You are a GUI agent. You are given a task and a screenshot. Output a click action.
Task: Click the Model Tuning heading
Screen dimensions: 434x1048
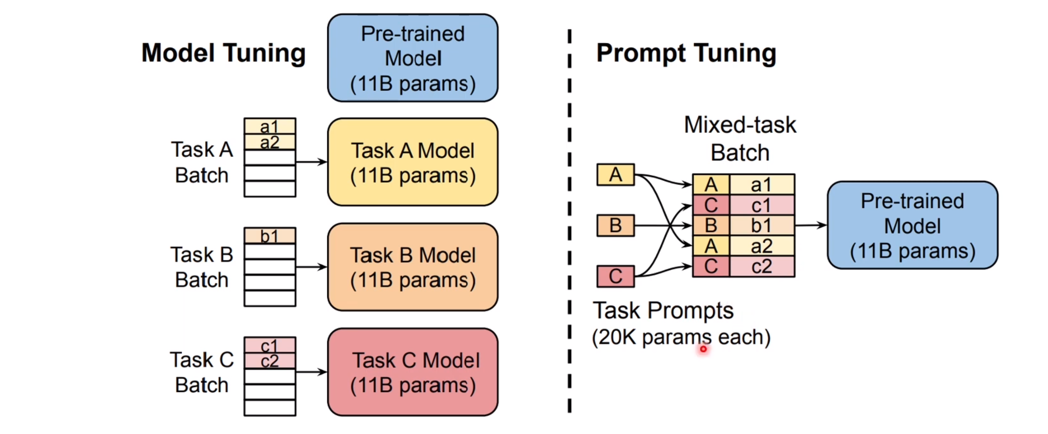coord(223,53)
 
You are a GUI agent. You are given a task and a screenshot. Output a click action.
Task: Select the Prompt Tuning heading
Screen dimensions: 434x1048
coord(686,53)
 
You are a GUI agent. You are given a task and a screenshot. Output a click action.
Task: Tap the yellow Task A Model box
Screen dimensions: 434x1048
coord(413,162)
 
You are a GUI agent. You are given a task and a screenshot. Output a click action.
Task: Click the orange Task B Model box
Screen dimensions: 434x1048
coord(413,267)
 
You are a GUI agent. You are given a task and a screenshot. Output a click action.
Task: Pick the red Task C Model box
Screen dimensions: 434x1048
coord(413,372)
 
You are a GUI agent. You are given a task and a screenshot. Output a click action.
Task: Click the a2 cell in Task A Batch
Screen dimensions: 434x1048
coord(270,142)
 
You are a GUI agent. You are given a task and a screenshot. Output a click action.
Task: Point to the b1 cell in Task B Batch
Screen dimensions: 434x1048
coord(270,236)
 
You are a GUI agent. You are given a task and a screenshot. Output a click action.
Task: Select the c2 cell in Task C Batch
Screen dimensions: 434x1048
coord(270,361)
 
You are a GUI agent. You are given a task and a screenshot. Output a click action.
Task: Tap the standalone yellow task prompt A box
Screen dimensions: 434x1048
coord(615,175)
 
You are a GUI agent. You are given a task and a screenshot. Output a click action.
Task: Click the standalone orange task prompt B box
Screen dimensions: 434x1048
coord(615,225)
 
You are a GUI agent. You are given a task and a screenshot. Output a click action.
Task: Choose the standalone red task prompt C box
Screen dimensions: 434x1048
coord(615,277)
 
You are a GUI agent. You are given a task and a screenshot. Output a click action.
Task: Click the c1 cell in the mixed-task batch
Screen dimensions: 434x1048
coord(761,205)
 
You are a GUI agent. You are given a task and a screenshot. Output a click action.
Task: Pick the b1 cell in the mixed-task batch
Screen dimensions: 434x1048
coord(761,226)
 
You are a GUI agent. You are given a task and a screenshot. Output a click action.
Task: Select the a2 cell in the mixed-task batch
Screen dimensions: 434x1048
coord(761,246)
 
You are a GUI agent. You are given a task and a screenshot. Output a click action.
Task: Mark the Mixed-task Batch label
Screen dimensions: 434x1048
coord(740,139)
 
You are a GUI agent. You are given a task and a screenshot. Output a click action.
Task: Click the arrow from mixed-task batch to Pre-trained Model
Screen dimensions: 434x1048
coord(810,225)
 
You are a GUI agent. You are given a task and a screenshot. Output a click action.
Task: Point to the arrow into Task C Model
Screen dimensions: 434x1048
coord(311,372)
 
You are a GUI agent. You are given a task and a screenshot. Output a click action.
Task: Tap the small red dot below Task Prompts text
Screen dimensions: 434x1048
coord(703,349)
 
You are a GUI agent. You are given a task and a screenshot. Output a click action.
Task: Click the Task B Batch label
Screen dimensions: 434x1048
coord(202,267)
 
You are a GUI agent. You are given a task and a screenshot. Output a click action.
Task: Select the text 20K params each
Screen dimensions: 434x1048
coord(681,337)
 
